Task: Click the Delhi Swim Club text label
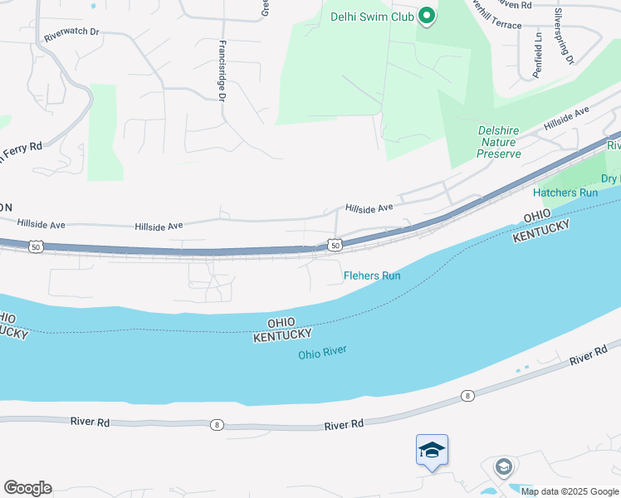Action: click(x=371, y=16)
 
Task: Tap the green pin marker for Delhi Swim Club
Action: click(x=427, y=16)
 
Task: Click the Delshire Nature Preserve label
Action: click(x=500, y=142)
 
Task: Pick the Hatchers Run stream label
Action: click(x=565, y=193)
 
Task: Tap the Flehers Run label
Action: click(x=373, y=275)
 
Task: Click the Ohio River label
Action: click(x=322, y=354)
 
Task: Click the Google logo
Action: click(x=27, y=487)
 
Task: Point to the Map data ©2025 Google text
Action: click(x=570, y=491)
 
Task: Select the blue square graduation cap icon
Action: click(x=432, y=450)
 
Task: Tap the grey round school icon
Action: click(x=503, y=467)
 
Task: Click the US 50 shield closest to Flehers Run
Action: click(x=335, y=245)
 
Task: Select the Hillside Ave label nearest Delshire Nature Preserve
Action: click(x=566, y=118)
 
